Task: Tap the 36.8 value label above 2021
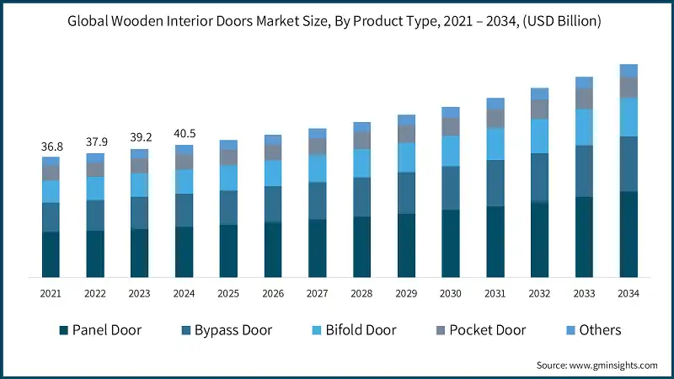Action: [51, 147]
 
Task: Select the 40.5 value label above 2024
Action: [184, 134]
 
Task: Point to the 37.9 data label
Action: [95, 142]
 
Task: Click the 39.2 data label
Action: [139, 138]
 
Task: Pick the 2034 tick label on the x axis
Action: [628, 293]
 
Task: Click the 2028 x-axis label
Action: [361, 293]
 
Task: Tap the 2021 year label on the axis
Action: [51, 293]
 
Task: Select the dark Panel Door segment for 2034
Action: [629, 234]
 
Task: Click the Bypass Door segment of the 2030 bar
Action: [451, 188]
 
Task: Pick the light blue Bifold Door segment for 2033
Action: [584, 127]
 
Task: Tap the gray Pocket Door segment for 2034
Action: [629, 88]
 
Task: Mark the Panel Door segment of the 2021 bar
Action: [51, 254]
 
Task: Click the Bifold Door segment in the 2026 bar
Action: [273, 173]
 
